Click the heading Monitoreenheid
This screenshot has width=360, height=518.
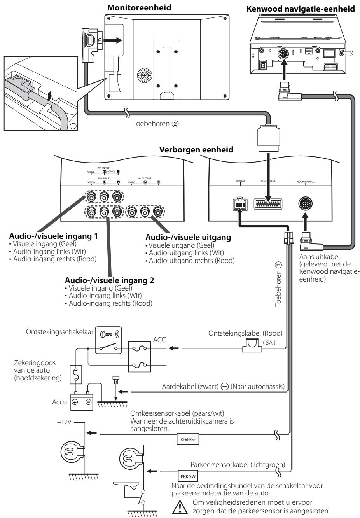pyautogui.click(x=139, y=7)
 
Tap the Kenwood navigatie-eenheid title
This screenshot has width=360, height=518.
pyautogui.click(x=301, y=9)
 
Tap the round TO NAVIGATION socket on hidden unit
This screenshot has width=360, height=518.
pyautogui.click(x=306, y=204)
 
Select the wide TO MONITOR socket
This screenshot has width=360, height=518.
pyautogui.click(x=268, y=205)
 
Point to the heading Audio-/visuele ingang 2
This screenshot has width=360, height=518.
pyautogui.click(x=109, y=280)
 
